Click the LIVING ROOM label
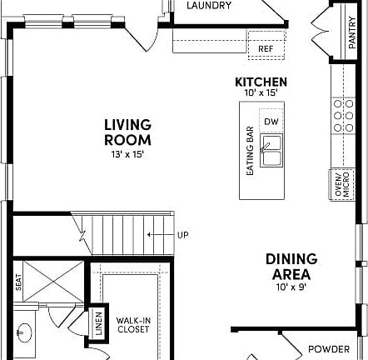[127, 132]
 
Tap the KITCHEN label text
[261, 82]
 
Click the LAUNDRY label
[209, 6]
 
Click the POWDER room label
[329, 349]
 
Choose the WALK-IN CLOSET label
[132, 324]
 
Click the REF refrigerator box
[266, 48]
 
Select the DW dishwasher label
[271, 122]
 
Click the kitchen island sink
[271, 151]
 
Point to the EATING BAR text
[249, 151]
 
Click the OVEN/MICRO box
[340, 184]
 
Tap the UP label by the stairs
[182, 235]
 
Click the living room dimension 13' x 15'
[127, 155]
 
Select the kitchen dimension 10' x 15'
[261, 93]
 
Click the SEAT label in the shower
[17, 283]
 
